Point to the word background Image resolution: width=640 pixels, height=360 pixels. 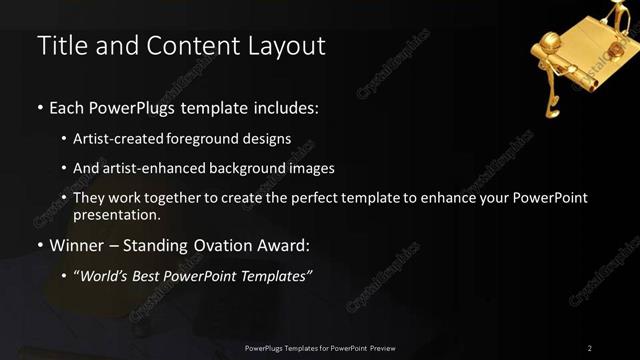point(237,168)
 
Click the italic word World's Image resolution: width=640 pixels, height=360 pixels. point(105,276)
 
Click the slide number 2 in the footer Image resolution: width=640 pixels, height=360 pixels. point(590,348)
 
